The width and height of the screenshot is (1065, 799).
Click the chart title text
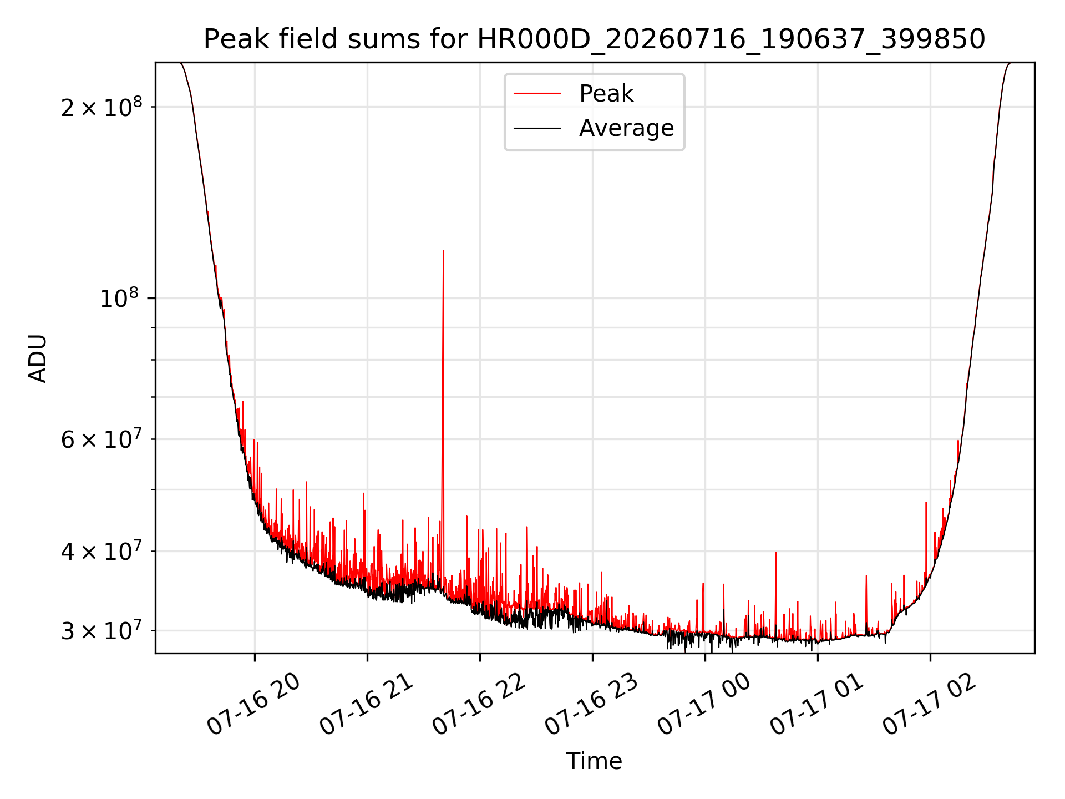tap(594, 39)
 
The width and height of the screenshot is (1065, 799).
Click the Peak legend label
tap(606, 94)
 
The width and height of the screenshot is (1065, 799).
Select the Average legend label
tap(626, 128)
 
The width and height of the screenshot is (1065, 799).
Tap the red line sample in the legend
tap(537, 94)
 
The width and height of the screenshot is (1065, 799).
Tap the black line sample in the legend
tap(537, 128)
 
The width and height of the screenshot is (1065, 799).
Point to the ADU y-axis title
tap(38, 358)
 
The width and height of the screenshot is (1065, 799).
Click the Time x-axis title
tap(594, 761)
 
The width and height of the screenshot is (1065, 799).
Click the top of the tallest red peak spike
tap(443, 251)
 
